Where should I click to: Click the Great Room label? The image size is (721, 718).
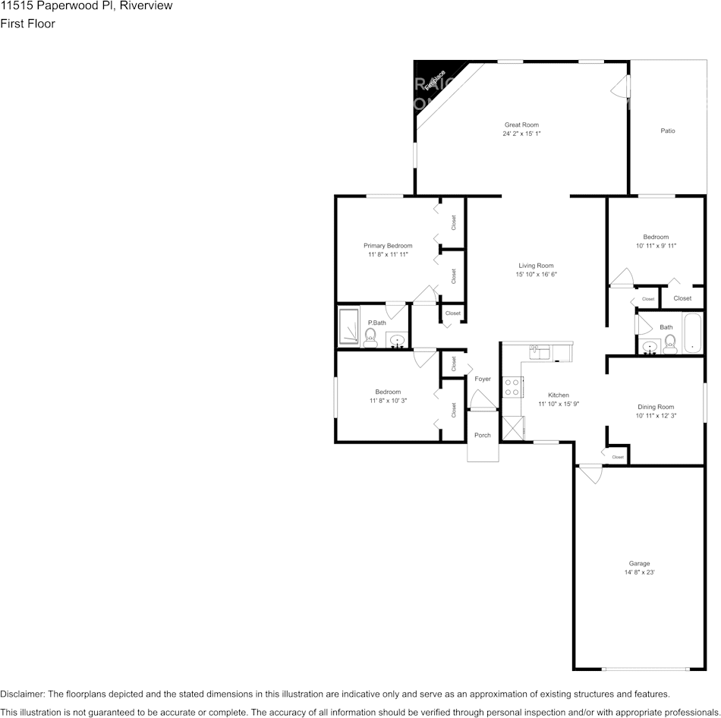tap(521, 124)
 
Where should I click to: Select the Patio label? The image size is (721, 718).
tap(667, 131)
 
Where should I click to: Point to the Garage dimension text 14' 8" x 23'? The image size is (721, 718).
tap(639, 573)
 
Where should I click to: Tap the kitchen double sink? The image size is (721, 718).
tap(540, 350)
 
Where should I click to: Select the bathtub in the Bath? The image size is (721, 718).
tap(693, 333)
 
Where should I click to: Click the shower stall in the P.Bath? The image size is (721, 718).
tap(348, 326)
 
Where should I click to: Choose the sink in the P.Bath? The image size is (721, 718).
tap(397, 341)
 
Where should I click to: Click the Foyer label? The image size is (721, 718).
tap(483, 379)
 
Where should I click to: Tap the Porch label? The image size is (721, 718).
tap(483, 435)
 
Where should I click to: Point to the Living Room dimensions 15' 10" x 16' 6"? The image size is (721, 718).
tap(536, 275)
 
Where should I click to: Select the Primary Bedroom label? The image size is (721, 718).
tap(388, 245)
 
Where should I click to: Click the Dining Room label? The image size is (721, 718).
tap(655, 407)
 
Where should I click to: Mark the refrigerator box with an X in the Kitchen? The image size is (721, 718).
tap(512, 428)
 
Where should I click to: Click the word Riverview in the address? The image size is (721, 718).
tap(147, 6)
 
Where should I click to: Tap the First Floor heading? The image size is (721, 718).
tap(27, 24)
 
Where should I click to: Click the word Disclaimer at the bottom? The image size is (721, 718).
tap(22, 694)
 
